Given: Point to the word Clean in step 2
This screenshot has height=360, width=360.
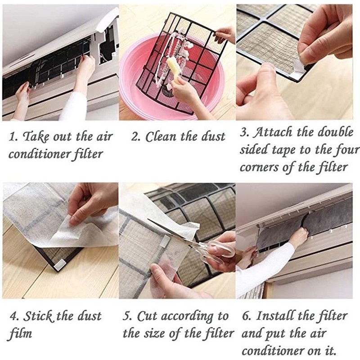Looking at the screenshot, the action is [162, 137].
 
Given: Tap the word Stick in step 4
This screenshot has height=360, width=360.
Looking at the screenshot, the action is [39, 316].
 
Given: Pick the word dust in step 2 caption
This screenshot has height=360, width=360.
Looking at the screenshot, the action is [213, 137].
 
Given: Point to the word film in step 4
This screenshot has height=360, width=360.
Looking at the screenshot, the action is [21, 334].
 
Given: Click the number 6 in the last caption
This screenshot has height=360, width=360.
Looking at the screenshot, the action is [246, 316].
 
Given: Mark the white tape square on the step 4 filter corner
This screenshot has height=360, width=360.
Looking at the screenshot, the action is [59, 265].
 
